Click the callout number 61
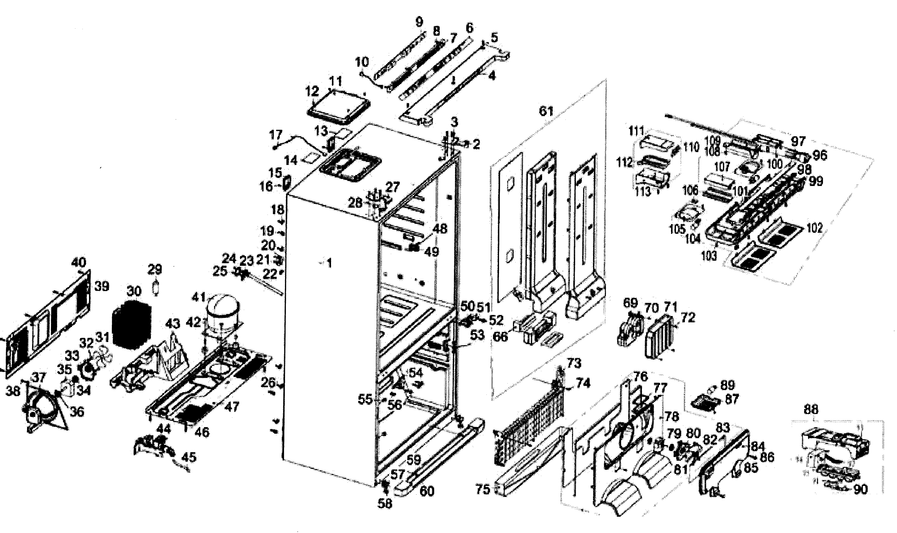click(x=546, y=111)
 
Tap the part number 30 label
click(x=134, y=291)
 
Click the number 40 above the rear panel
click(x=78, y=262)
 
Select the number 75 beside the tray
click(x=482, y=489)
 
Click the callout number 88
click(x=811, y=410)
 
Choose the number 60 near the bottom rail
click(x=427, y=491)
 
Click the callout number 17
click(x=276, y=135)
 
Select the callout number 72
click(x=688, y=318)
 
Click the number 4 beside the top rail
click(x=492, y=76)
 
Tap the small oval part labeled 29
click(x=155, y=289)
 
